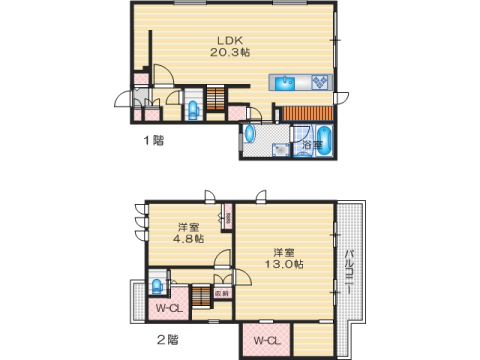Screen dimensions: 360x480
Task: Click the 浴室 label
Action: click(311, 146)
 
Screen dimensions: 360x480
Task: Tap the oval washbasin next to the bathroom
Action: click(250, 133)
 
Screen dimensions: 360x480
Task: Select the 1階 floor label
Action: click(152, 141)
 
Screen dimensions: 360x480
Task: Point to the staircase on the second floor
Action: click(200, 296)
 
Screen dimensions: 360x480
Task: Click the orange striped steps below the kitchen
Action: click(308, 112)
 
